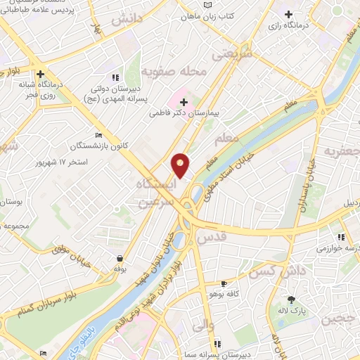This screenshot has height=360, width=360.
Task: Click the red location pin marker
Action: [x=181, y=165]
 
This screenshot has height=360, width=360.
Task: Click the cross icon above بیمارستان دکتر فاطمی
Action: [x=184, y=103]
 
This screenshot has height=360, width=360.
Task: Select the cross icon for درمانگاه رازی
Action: [x=288, y=14]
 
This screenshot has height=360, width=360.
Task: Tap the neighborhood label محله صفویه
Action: [x=166, y=71]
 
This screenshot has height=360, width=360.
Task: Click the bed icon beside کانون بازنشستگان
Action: [x=98, y=136]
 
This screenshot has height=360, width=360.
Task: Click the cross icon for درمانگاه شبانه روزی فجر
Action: [x=41, y=73]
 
